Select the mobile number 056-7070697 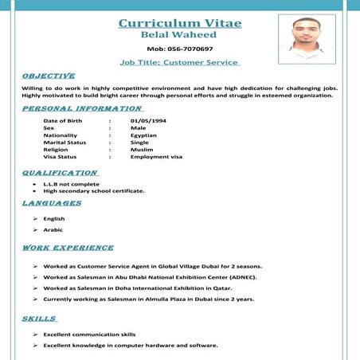pyautogui.click(x=179, y=49)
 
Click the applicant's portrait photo pyautogui.click(x=306, y=37)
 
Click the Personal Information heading pyautogui.click(x=82, y=108)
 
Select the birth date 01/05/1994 pyautogui.click(x=148, y=120)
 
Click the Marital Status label pyautogui.click(x=69, y=142)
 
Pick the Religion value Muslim pyautogui.click(x=142, y=149)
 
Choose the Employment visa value pyautogui.click(x=156, y=156)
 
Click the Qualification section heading pyautogui.click(x=61, y=172)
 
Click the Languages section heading pyautogui.click(x=52, y=204)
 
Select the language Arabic pyautogui.click(x=53, y=229)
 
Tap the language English pyautogui.click(x=54, y=218)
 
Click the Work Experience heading pyautogui.click(x=68, y=248)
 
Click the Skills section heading pyautogui.click(x=39, y=319)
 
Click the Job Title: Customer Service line pyautogui.click(x=179, y=61)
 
